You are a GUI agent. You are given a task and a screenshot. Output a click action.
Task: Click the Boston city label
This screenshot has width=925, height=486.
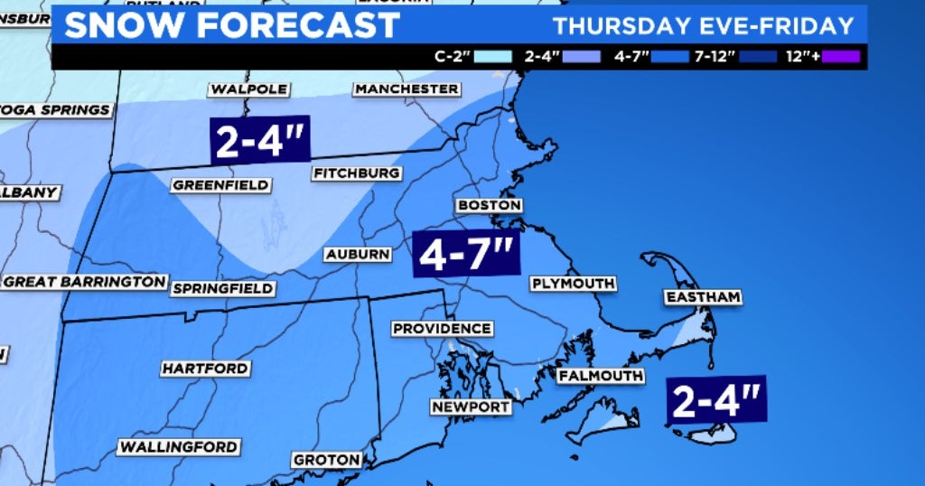coord(490,205)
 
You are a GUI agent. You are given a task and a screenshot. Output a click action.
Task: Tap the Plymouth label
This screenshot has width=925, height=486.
coord(573,284)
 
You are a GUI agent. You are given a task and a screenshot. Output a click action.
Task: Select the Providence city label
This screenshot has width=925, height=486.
coord(443,329)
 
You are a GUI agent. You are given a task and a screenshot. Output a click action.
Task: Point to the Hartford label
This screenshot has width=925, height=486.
coord(205,369)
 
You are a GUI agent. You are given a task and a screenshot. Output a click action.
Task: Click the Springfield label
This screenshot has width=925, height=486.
coord(222,289)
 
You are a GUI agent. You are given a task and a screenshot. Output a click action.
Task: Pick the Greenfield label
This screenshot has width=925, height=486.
coord(220,185)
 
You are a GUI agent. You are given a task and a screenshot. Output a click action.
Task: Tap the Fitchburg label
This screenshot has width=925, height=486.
coord(356,173)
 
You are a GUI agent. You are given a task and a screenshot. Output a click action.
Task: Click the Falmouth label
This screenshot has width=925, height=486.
coord(601,376)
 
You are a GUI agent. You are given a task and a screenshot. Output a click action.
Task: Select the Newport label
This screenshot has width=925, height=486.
coord(471,407)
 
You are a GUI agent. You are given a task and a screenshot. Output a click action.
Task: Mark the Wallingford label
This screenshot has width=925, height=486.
coord(179,447)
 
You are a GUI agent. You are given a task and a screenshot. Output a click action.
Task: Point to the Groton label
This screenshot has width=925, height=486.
coord(327,461)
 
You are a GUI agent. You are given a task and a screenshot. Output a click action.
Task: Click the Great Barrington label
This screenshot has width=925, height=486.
coord(84,282)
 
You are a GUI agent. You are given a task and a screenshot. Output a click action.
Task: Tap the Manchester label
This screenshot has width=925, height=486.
coord(406,89)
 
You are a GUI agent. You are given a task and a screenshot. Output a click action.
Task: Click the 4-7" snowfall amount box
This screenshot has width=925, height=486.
coord(468,254)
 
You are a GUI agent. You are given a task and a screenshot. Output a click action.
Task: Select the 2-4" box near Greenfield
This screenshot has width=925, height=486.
coord(260,140)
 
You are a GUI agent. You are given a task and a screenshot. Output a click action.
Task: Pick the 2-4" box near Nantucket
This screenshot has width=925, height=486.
coord(717,399)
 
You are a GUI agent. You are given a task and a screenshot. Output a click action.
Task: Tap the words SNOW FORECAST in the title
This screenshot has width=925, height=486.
coord(232,24)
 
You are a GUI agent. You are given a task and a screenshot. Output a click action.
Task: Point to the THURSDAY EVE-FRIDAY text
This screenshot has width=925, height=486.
coord(703,25)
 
